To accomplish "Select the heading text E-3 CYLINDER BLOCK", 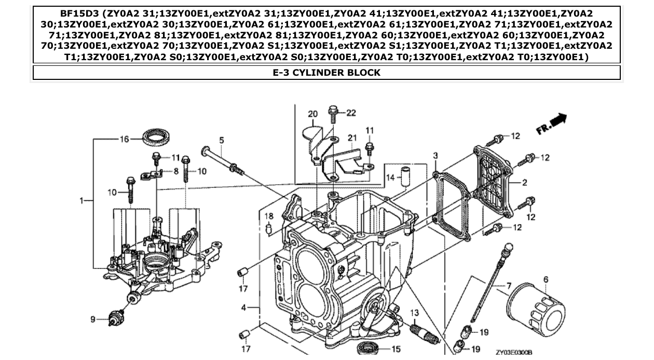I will click(326, 73).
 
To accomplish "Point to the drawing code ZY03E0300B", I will click(514, 352).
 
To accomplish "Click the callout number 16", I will click(124, 139).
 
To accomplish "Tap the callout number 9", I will click(93, 319).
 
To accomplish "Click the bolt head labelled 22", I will click(333, 110).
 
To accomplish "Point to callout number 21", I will click(352, 138).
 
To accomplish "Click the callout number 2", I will click(525, 182).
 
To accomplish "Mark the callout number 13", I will click(414, 312).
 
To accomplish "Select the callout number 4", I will click(244, 308).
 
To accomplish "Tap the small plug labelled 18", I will click(269, 228).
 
